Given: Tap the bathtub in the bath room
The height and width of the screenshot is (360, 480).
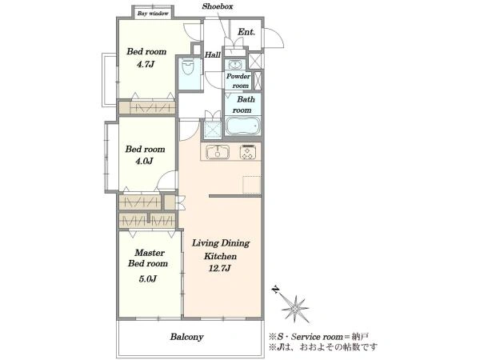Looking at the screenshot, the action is pyautogui.click(x=243, y=126).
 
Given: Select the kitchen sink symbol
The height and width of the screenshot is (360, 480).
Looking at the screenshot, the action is pyautogui.click(x=218, y=152).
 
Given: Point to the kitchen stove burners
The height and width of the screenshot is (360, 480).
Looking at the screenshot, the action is pyautogui.click(x=247, y=152).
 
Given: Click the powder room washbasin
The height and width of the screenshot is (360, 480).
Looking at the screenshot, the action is pyautogui.click(x=234, y=65).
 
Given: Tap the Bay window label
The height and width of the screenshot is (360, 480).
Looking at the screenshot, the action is pyautogui.click(x=153, y=14).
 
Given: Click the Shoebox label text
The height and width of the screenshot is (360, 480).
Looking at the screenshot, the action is pyautogui.click(x=218, y=6).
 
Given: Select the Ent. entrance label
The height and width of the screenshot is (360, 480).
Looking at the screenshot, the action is pyautogui.click(x=246, y=32).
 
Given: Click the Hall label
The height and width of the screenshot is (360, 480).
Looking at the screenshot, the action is pyautogui.click(x=213, y=54).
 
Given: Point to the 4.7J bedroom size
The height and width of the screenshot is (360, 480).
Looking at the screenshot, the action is pyautogui.click(x=146, y=65).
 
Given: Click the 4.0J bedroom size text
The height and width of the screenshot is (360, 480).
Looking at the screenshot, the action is pyautogui.click(x=144, y=161).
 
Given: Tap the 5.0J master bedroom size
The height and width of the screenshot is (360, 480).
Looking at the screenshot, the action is pyautogui.click(x=147, y=279).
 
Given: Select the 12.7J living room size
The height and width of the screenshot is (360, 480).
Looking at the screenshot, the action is pyautogui.click(x=219, y=269).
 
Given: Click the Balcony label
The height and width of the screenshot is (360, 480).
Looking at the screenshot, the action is pyautogui.click(x=186, y=337).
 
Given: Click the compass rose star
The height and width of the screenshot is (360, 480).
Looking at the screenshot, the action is pyautogui.click(x=295, y=309).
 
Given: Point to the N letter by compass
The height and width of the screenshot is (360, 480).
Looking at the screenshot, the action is pyautogui.click(x=277, y=290).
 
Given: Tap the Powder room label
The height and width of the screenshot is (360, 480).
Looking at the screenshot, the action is pyautogui.click(x=238, y=81).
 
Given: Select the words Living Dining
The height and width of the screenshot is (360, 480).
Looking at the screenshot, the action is pyautogui.click(x=221, y=244).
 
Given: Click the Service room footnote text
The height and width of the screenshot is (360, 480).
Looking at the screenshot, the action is pyautogui.click(x=318, y=337).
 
